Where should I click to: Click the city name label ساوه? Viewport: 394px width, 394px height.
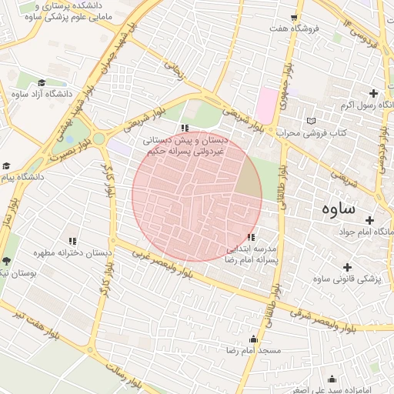339,208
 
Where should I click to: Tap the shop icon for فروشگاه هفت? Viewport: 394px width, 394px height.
294,17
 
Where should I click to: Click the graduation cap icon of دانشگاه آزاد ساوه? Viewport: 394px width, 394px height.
42,83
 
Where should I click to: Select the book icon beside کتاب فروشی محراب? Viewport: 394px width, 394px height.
311,121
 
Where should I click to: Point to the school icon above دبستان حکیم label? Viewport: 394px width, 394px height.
184,128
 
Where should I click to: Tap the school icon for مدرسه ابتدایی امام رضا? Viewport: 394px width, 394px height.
251,237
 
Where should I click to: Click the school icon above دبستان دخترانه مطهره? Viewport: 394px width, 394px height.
72,241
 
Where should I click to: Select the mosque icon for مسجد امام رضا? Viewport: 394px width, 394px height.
253,339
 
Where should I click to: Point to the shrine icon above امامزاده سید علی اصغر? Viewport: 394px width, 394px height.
332,379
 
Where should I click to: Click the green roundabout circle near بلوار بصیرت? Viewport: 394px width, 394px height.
98,139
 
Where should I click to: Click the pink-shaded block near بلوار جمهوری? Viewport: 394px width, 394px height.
268,102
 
